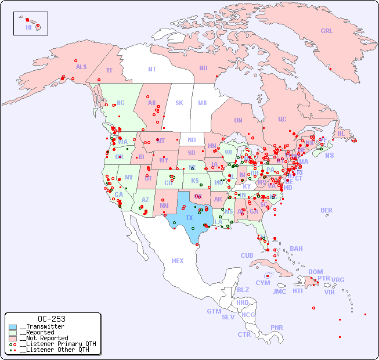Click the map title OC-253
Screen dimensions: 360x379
pyautogui.click(x=51, y=319)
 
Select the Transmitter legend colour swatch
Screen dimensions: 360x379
pyautogui.click(x=13, y=327)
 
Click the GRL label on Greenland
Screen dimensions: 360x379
pyautogui.click(x=327, y=31)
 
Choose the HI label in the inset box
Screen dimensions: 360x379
pyautogui.click(x=28, y=27)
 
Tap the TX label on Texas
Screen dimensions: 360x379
pyautogui.click(x=189, y=218)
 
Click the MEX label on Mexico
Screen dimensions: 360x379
pyautogui.click(x=178, y=261)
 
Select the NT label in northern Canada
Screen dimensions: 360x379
pyautogui.click(x=152, y=69)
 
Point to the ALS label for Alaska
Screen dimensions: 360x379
pyautogui.click(x=81, y=67)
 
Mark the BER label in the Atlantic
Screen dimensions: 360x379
pyautogui.click(x=327, y=210)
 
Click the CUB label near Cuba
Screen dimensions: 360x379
pyautogui.click(x=247, y=255)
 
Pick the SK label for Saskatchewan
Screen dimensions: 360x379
pyautogui.click(x=179, y=103)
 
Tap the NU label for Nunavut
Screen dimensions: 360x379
pyautogui.click(x=203, y=68)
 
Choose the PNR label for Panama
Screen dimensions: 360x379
pyautogui.click(x=277, y=327)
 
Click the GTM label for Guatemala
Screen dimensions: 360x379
pyautogui.click(x=214, y=311)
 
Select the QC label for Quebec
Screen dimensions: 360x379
pyautogui.click(x=282, y=119)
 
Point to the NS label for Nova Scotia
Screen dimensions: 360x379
pyautogui.click(x=329, y=155)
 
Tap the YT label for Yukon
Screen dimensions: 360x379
pyautogui.click(x=109, y=70)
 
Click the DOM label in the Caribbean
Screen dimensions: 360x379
pyautogui.click(x=316, y=272)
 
